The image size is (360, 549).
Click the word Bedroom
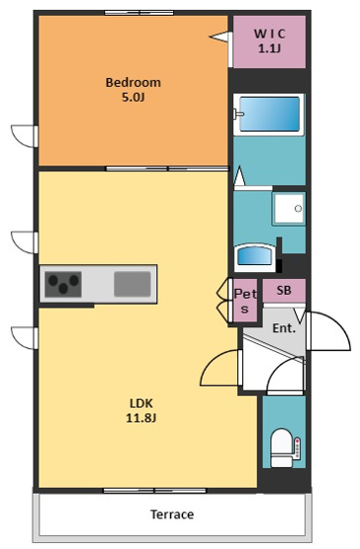(x=133, y=82)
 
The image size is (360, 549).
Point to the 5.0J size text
(x=133, y=98)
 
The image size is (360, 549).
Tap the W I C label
(x=268, y=34)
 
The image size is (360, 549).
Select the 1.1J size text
(x=268, y=48)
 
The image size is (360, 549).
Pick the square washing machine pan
(x=289, y=209)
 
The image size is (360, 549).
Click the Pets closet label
(x=244, y=301)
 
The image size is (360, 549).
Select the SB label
(x=284, y=291)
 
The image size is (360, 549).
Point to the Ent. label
(x=284, y=327)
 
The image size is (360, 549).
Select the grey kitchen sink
(x=132, y=285)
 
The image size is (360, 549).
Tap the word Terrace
(x=172, y=514)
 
